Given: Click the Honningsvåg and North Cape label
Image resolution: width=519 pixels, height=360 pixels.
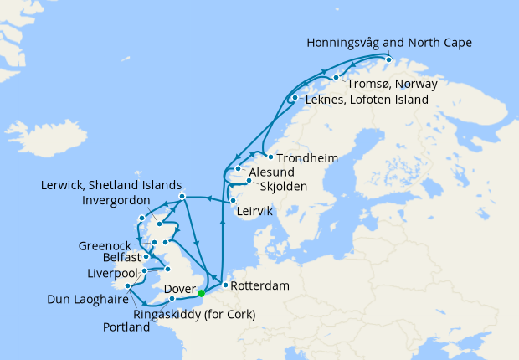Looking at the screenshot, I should point(389,42).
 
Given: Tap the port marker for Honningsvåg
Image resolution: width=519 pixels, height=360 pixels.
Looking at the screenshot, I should point(388,58).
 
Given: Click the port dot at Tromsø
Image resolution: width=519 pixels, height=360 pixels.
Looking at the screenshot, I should point(337,78).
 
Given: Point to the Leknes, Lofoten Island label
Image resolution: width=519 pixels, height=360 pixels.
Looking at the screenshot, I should point(367,100).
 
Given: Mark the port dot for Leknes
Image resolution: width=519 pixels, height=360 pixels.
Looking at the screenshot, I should point(294,99).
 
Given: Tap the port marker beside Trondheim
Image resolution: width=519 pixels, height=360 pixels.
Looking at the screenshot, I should point(270,157).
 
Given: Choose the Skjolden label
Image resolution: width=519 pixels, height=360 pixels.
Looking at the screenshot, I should point(283,186).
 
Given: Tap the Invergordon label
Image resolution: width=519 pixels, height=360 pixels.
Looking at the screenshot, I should point(116,201).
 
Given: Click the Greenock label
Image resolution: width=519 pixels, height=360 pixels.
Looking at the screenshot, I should point(104,246).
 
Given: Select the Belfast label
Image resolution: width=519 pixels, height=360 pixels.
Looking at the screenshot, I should point(109,260).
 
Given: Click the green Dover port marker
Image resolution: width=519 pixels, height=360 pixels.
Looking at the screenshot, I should point(201,292).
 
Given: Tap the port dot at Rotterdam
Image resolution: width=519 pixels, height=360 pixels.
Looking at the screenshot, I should point(225,285).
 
